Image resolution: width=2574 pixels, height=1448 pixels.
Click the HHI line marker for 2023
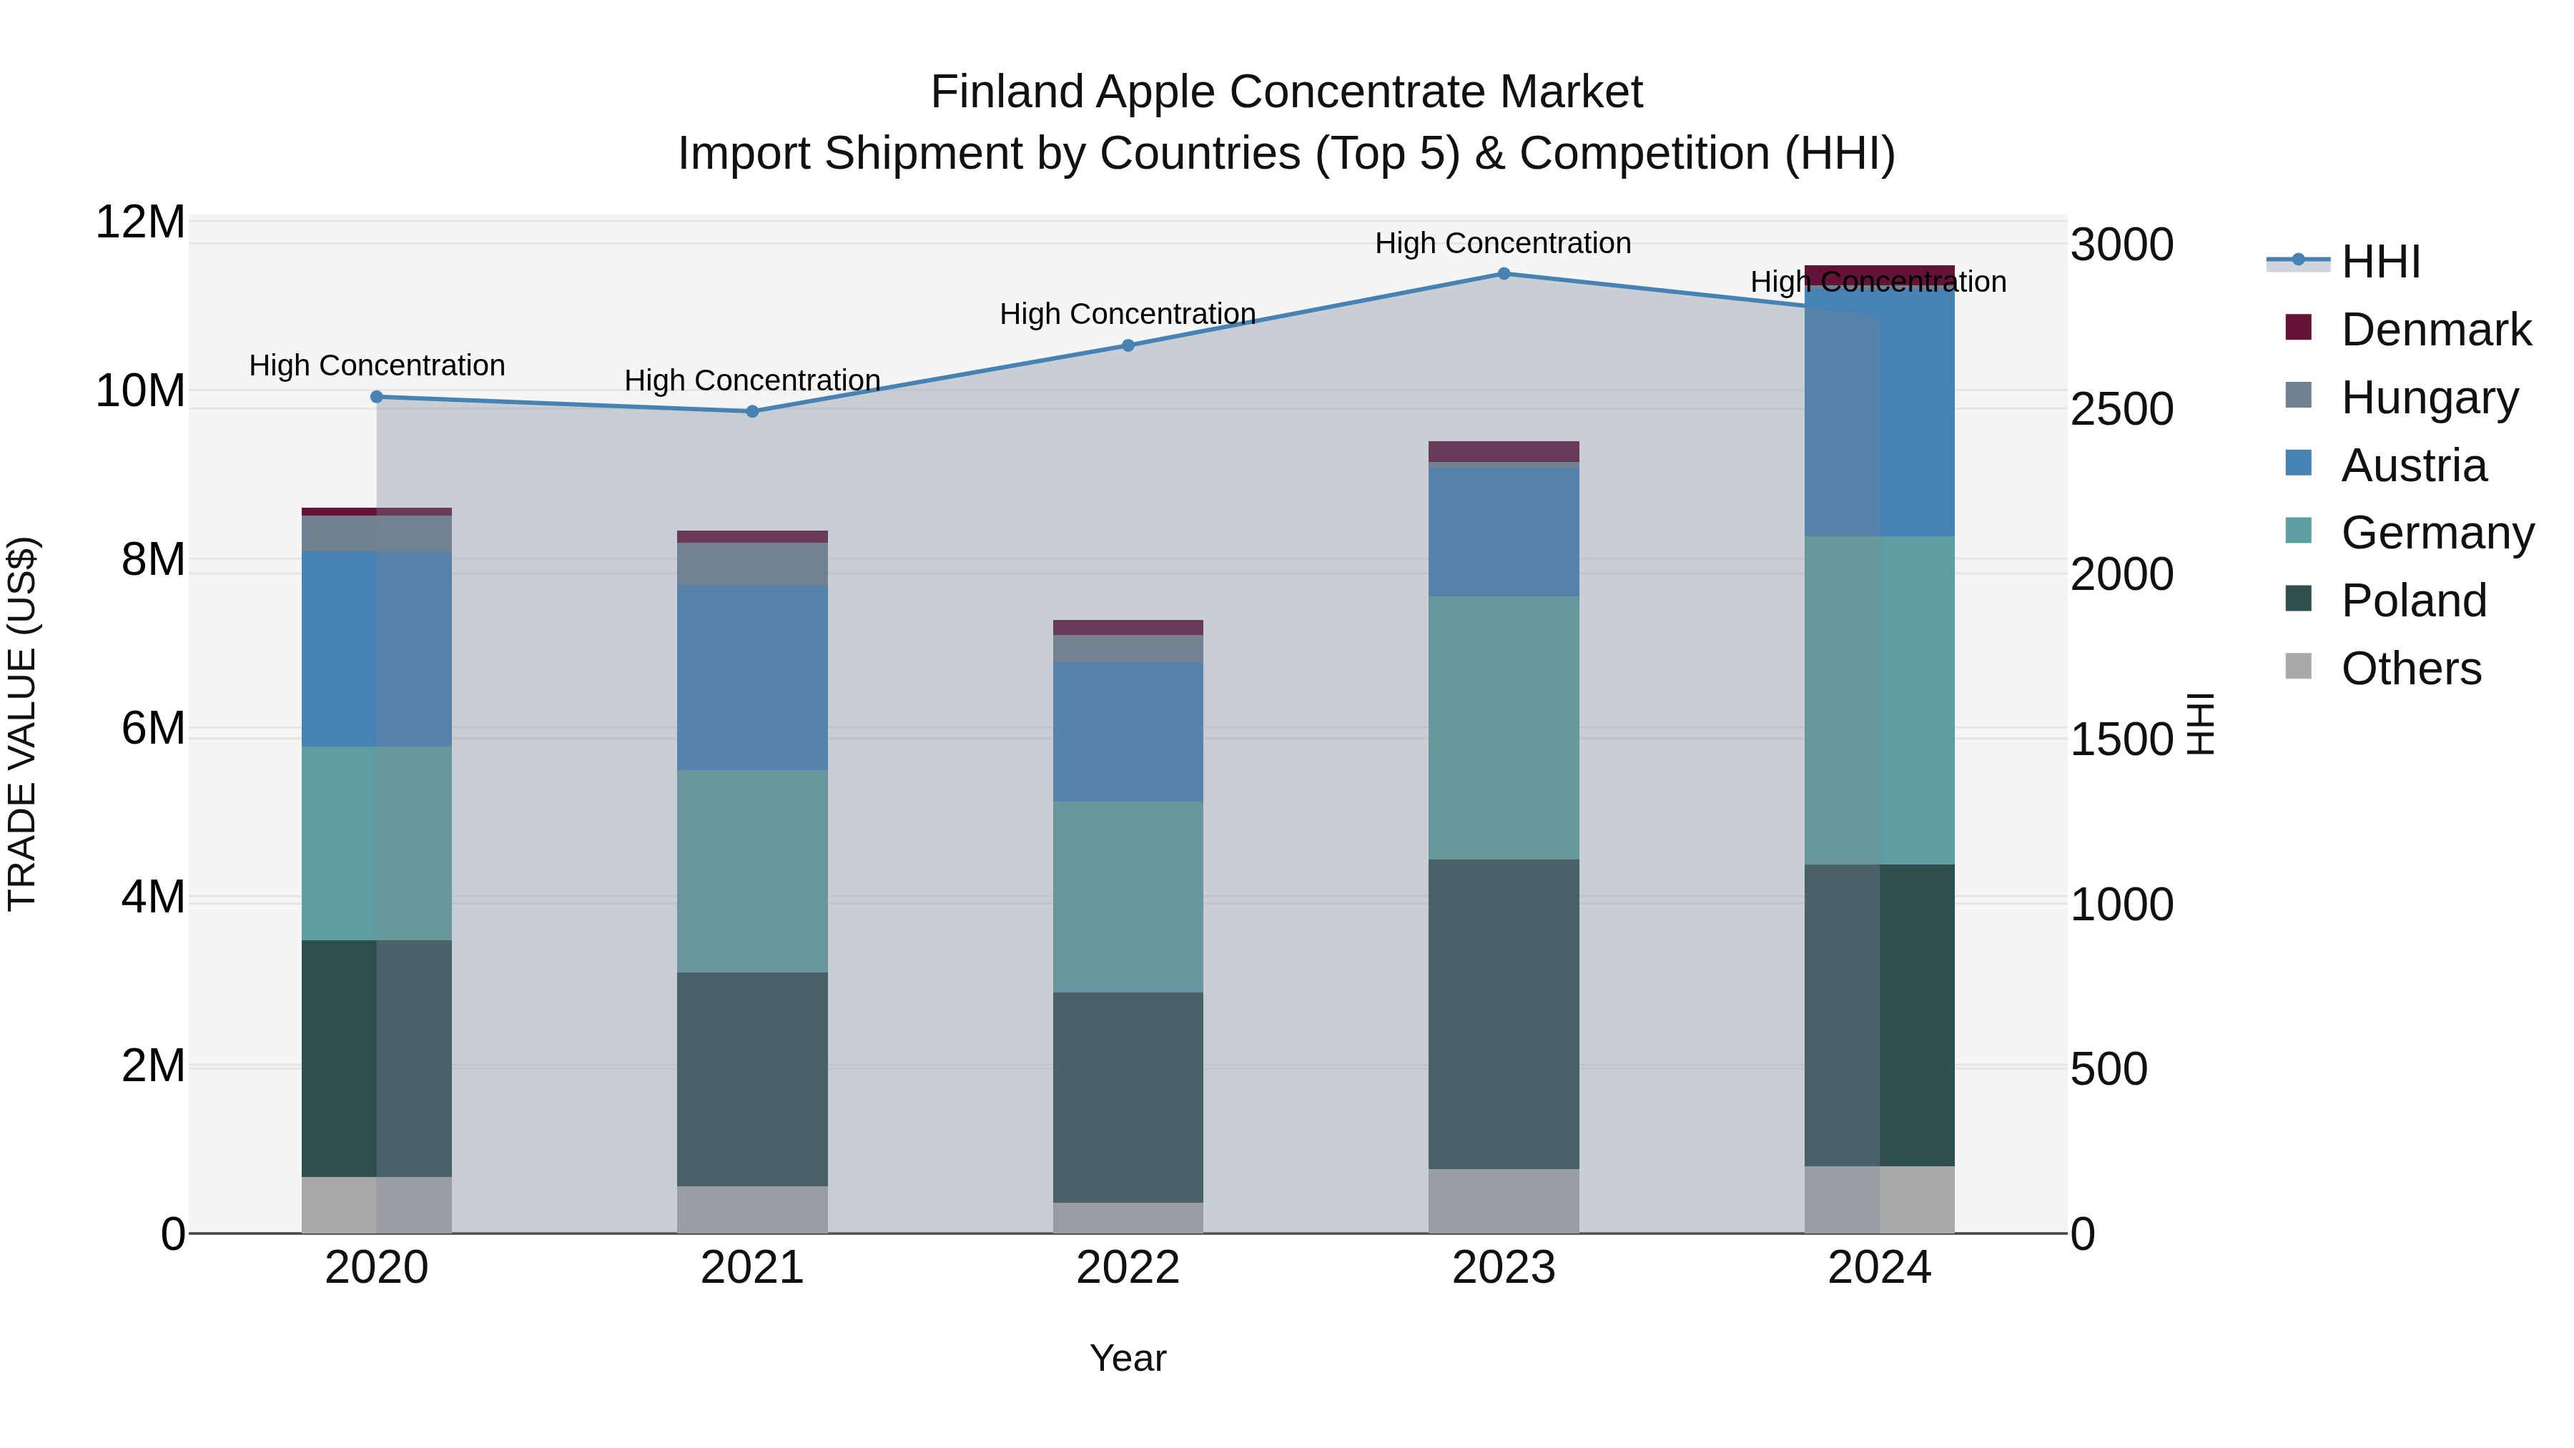pos(1503,274)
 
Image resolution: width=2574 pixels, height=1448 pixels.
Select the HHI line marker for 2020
pos(377,397)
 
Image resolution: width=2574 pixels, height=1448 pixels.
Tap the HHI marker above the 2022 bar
pos(1128,346)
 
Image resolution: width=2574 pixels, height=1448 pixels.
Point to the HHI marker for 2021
pos(752,412)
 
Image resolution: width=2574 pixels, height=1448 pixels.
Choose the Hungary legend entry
pos(2428,398)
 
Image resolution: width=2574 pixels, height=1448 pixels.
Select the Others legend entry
pos(2410,669)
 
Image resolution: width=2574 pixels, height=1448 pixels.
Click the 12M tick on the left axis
pos(140,222)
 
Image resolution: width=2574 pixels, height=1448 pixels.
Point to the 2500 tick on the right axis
pos(2121,410)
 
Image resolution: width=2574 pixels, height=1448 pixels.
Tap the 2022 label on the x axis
pos(1128,1268)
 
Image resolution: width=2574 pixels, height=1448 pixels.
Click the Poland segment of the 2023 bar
pos(1503,1013)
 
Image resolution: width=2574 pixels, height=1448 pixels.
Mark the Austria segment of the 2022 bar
pos(1128,732)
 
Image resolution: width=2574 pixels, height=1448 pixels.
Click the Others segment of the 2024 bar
pos(1878,1199)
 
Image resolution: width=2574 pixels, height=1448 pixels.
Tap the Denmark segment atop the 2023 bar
pos(1503,450)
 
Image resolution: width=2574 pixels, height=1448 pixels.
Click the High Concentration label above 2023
pos(1503,243)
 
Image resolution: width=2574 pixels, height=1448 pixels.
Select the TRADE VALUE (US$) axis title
pos(22,724)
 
